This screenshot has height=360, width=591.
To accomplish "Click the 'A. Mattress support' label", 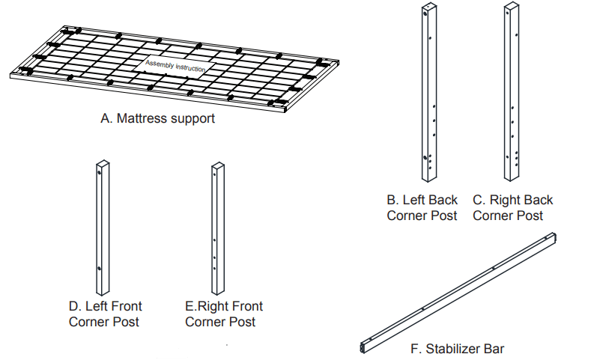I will tap(157, 118).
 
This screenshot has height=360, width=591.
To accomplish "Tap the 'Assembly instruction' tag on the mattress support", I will tap(175, 66).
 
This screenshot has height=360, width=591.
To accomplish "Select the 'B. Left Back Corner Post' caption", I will tap(422, 208).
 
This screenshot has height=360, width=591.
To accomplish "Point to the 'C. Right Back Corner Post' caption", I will tap(512, 208).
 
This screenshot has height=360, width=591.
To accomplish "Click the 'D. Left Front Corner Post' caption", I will tap(105, 314).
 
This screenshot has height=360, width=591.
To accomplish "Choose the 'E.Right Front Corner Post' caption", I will tap(223, 314).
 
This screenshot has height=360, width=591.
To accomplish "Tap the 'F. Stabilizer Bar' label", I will tap(457, 349).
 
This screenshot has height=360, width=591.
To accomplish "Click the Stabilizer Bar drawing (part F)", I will tap(457, 292).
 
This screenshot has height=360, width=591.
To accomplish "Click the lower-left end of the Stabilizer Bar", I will tap(364, 347).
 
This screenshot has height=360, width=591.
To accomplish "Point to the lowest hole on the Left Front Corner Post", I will tap(99, 269).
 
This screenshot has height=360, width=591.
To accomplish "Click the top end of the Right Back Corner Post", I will tap(512, 7).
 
